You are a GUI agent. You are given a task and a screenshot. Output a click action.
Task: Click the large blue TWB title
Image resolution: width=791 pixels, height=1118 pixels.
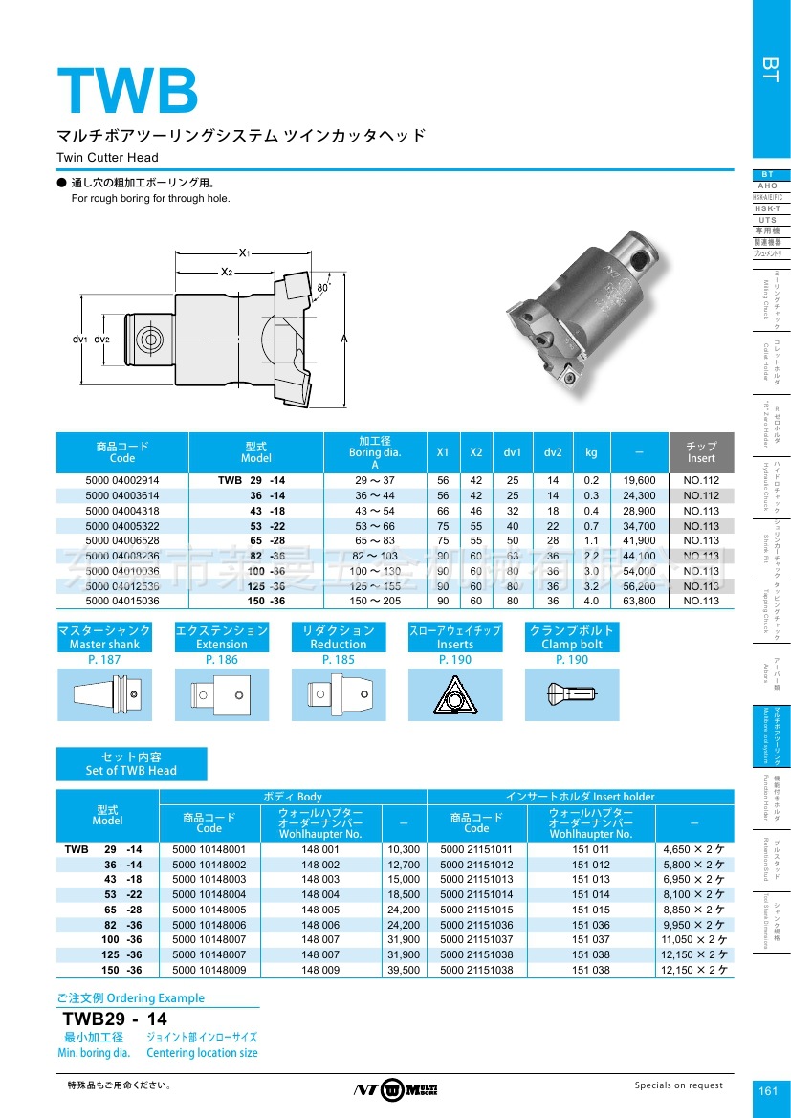click(127, 91)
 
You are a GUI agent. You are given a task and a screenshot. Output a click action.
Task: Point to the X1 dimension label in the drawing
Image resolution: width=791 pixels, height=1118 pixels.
click(244, 252)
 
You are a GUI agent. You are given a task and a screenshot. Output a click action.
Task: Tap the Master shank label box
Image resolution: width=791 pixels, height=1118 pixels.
click(104, 637)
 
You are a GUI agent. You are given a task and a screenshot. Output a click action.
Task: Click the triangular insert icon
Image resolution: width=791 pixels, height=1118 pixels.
click(455, 693)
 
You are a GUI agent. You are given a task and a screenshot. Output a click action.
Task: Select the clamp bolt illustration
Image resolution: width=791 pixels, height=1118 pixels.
click(571, 693)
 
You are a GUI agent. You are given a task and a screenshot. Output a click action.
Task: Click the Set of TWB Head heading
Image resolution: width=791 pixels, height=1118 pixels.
click(131, 763)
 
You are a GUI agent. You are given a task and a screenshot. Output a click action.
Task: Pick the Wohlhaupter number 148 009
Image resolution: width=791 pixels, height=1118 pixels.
click(320, 970)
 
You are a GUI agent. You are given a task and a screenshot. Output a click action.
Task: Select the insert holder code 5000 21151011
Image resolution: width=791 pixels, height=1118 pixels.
click(476, 849)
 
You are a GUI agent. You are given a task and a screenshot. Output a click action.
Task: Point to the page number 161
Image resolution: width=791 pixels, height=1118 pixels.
click(768, 1091)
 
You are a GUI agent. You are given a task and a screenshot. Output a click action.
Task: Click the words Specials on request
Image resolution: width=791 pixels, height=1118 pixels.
click(679, 1085)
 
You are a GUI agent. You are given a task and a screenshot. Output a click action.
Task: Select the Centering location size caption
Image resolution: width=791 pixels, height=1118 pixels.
click(202, 1053)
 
